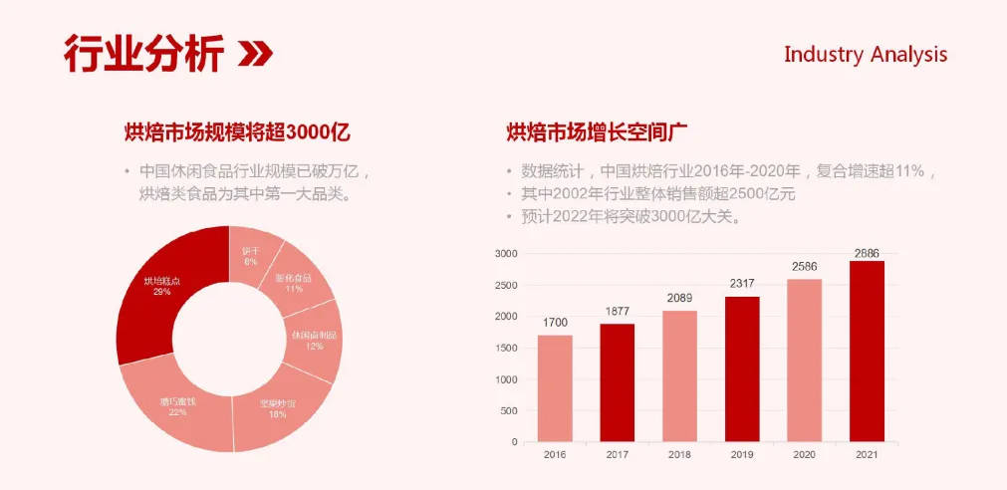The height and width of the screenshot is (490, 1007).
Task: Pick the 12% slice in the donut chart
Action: pos(314,341)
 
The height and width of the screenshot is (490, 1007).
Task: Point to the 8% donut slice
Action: pos(251,254)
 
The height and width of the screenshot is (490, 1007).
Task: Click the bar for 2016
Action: pos(555,388)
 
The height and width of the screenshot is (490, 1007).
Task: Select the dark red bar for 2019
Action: pos(742,368)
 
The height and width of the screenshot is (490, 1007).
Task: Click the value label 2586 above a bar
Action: pos(804,267)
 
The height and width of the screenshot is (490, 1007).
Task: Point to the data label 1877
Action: pos(618,312)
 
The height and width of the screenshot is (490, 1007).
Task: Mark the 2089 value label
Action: pos(679,298)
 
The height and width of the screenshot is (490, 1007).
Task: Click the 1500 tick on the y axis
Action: pos(507,348)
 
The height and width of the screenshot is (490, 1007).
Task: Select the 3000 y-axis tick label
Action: pos(507,254)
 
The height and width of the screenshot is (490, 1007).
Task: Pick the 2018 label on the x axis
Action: pos(679,454)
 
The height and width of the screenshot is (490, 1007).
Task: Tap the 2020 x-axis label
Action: pos(804,454)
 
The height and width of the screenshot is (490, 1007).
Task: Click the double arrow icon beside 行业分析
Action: pos(255,54)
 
